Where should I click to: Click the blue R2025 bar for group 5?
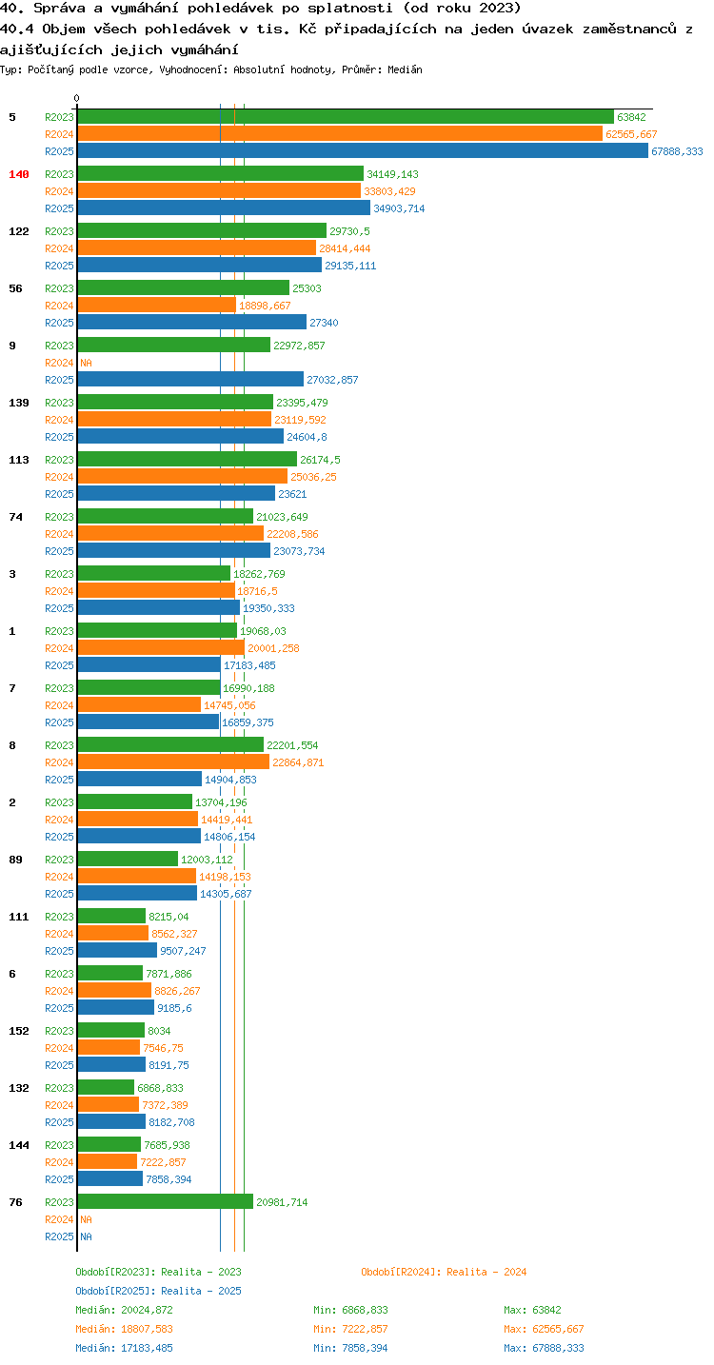coord(363,151)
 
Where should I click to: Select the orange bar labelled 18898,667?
coord(156,306)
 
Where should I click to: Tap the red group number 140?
coord(19,174)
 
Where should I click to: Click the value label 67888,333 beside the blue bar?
coord(677,151)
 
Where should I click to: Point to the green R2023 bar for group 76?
coord(165,1201)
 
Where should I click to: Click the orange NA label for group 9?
coord(86,363)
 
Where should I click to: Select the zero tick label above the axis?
coord(76,98)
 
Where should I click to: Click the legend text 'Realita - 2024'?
coord(486,1272)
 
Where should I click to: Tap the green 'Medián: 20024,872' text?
coord(125,1310)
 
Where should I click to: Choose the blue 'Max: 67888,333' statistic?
coord(544,1347)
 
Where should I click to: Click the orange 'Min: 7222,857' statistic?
coord(350,1329)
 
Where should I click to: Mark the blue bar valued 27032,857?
coord(190,380)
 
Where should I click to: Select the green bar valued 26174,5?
coord(187,460)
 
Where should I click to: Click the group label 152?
coord(19,1031)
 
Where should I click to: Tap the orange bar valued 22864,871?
coord(173,762)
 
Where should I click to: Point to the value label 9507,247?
coord(183,951)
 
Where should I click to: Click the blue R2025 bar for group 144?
coord(109,1178)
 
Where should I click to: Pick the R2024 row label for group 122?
coord(59,248)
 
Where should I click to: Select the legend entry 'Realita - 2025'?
coord(201,1291)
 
